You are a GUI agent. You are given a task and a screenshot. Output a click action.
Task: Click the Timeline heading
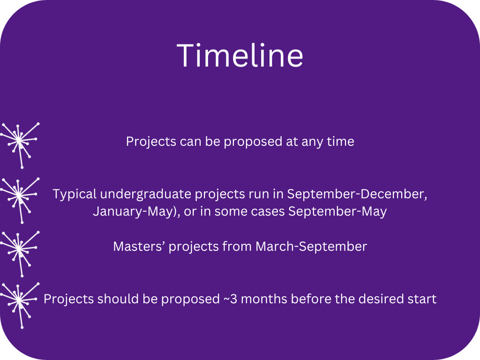point(240,55)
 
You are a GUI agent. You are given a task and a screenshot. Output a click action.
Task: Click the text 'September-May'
point(337,211)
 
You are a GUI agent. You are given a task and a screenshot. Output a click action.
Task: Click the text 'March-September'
point(311,247)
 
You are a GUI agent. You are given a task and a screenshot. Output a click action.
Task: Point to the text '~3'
point(230,299)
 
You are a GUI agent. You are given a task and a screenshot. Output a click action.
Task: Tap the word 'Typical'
point(75,195)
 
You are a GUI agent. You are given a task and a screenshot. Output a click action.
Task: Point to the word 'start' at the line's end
point(423,300)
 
